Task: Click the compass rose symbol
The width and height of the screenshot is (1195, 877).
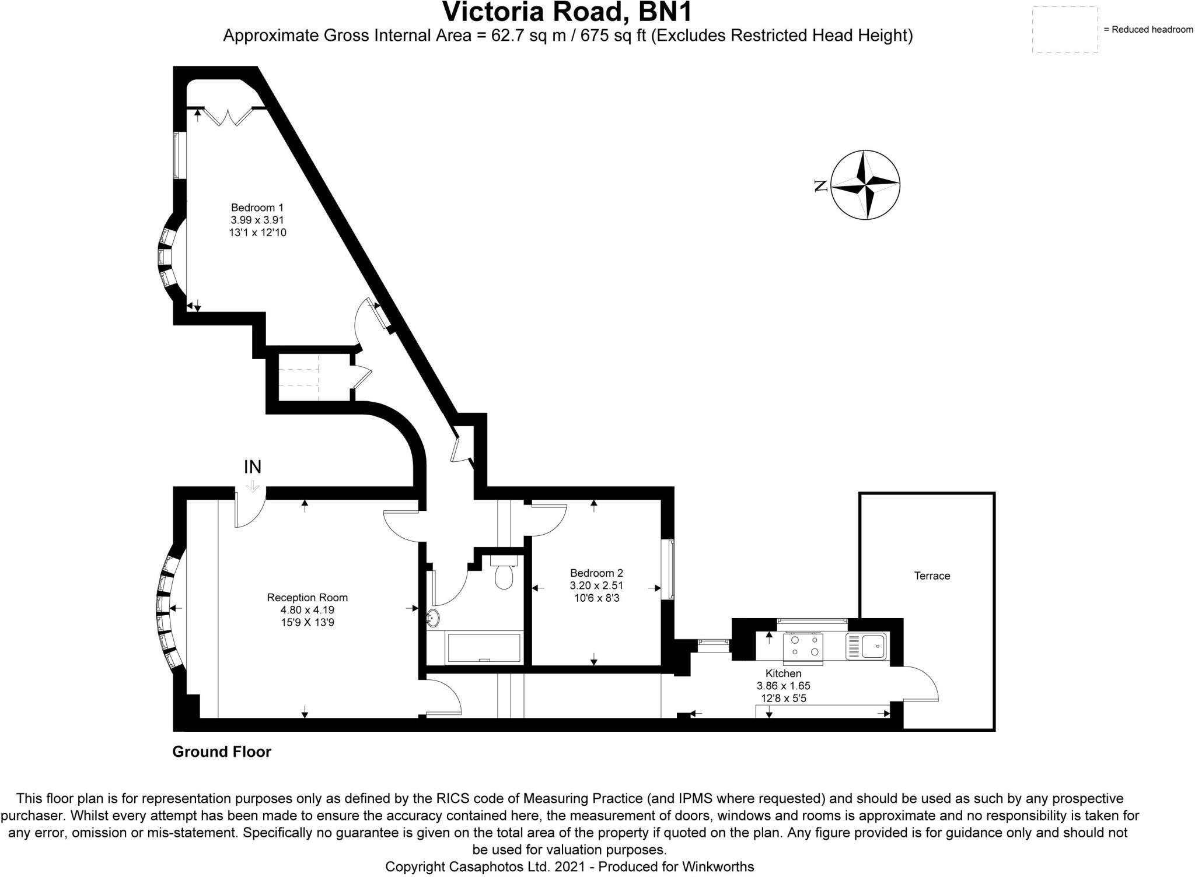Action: [x=865, y=184]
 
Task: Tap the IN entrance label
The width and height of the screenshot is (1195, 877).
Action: [x=252, y=466]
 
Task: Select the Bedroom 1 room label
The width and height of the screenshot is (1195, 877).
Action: [x=257, y=208]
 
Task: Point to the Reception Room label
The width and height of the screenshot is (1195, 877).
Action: [x=307, y=597]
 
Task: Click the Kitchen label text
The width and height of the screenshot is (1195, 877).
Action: [x=783, y=673]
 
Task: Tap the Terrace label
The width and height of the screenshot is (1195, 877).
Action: [x=932, y=576]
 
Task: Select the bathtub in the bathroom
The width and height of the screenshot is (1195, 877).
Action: [x=483, y=647]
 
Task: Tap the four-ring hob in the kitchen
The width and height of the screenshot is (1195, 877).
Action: [x=803, y=646]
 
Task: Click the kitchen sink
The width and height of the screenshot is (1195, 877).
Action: [x=866, y=646]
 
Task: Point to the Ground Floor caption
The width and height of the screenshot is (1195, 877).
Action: [x=222, y=752]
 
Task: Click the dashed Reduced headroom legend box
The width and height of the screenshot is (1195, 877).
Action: [x=1065, y=30]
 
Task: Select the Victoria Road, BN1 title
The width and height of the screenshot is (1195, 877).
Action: [x=567, y=12]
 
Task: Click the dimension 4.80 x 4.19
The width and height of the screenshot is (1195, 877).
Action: [x=307, y=610]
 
